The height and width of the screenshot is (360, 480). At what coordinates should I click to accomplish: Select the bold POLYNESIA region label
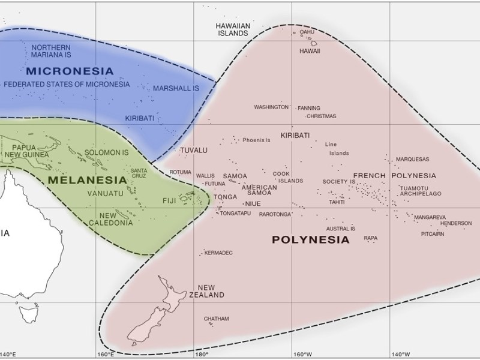tap(310, 240)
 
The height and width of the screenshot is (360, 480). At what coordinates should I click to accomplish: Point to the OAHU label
tap(307, 32)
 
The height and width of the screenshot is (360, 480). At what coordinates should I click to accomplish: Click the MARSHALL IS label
tap(175, 88)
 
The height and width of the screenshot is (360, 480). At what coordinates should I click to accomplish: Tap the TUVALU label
tap(193, 149)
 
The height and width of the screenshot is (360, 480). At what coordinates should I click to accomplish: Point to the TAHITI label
tap(337, 202)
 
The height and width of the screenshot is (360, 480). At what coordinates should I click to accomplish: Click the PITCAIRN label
tap(433, 234)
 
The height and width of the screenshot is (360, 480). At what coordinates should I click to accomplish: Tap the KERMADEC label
tap(218, 253)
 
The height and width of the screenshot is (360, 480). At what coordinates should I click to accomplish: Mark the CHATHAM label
tap(216, 318)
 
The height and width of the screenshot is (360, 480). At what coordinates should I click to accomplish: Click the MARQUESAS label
tap(412, 160)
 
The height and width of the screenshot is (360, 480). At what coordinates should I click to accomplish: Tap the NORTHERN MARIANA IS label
tap(50, 51)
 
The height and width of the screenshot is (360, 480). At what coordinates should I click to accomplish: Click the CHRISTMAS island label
tap(322, 116)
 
